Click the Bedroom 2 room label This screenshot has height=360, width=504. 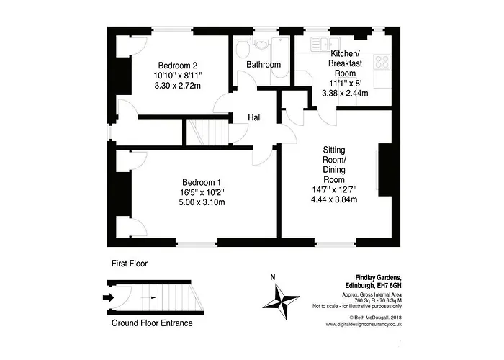point(177,66)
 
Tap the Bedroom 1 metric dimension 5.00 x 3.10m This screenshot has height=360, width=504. point(202,202)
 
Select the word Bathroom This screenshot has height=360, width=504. point(264,65)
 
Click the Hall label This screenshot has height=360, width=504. point(255,117)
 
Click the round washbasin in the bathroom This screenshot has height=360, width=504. point(263,45)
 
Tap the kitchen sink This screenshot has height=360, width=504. point(325,44)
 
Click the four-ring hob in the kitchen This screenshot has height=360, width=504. point(382,62)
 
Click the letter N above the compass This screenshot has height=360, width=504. point(273,277)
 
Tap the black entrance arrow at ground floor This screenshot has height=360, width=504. point(108,297)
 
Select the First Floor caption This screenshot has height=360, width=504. point(130,264)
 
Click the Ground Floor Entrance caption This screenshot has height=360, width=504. point(152,323)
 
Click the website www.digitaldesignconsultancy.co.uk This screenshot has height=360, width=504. point(364,324)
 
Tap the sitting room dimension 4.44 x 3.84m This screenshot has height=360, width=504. point(334,199)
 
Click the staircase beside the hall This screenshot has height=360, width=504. point(207,132)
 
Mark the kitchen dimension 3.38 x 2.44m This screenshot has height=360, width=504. point(345,93)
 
